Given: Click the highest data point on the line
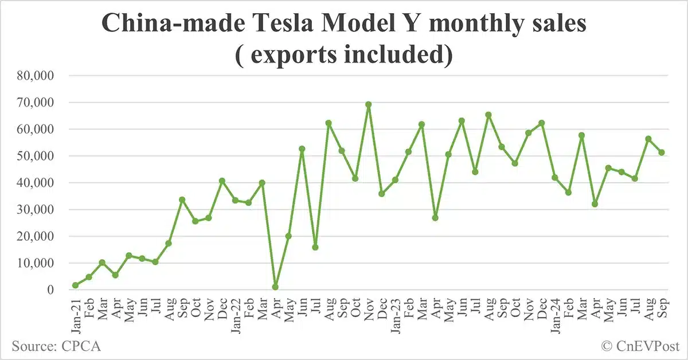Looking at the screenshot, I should coord(368,105).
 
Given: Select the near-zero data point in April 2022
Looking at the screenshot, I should coord(276,287).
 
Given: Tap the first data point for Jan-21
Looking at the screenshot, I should coord(75,285).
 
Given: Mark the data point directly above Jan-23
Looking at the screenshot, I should coord(395,180).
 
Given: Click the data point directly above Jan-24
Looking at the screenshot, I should coord(554,178).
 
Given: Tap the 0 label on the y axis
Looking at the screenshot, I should coord(50,290).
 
